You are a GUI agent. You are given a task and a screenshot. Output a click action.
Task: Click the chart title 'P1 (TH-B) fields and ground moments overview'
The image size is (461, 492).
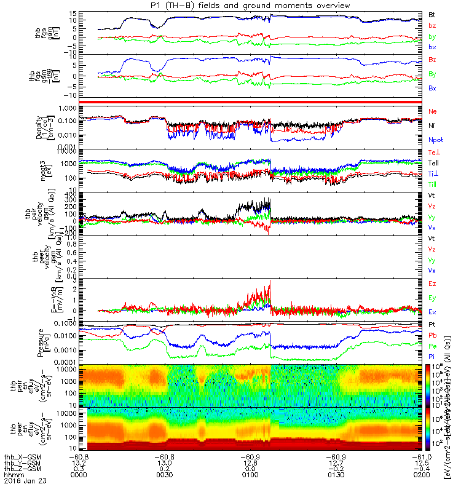[x=253, y=5]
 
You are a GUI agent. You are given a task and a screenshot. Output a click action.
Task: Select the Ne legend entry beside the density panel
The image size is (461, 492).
[x=433, y=111]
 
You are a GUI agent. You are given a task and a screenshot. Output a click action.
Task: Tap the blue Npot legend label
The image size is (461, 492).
[x=436, y=140]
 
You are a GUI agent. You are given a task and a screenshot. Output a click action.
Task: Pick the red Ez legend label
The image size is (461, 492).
[x=433, y=284]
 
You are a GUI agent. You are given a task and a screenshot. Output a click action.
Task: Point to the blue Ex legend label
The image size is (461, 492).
[x=433, y=312]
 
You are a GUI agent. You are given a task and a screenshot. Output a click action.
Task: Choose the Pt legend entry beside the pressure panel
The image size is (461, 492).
[x=433, y=324]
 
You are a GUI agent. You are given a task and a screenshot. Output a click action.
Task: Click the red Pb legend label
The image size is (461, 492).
[x=433, y=335]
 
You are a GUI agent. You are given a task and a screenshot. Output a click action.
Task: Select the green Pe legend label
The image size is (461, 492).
[x=433, y=346]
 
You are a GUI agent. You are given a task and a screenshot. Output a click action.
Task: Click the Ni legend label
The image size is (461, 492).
[x=432, y=125]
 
